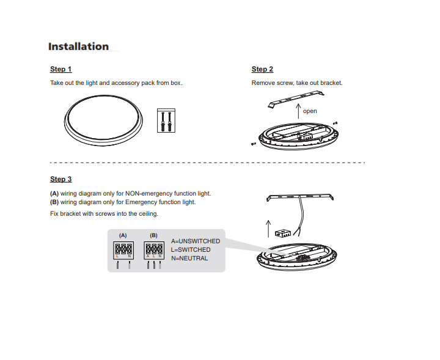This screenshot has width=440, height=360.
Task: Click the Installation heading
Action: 78,46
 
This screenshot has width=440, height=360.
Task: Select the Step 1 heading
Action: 61,70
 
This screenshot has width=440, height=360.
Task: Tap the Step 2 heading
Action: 262,70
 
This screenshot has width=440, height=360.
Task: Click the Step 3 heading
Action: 61,179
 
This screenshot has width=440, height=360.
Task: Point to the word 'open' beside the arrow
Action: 310,111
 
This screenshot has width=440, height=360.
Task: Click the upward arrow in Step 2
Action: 298,111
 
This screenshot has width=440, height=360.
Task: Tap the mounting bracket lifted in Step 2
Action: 295,98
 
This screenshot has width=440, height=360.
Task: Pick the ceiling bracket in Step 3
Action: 301,197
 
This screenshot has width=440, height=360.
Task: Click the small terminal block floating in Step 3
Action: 282,232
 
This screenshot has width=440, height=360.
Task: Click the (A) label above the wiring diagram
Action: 123,235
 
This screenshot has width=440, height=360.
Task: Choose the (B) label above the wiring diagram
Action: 153,235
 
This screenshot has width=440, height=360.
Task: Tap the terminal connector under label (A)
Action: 123,249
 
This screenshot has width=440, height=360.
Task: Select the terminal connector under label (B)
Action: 153,249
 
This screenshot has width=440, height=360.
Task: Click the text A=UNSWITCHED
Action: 196,241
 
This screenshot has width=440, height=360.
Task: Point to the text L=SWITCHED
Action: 191,250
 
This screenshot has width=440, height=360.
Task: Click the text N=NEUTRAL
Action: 189,259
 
